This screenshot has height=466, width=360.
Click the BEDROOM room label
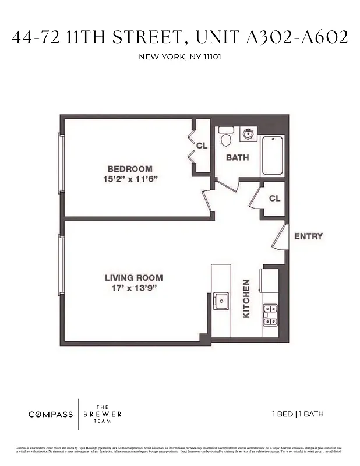coord(129,169)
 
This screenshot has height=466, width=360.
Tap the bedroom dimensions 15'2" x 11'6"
coord(129,179)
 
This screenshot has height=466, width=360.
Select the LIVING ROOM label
coord(133,278)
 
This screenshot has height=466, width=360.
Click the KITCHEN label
coord(246,298)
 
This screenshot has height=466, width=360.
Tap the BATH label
coord(237,157)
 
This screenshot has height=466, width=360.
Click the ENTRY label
coord(308,236)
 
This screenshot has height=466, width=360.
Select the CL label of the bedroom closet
coord(202,146)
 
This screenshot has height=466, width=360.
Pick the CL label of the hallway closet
coord(274,199)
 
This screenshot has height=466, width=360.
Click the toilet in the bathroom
coord(227,139)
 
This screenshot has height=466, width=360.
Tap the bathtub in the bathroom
coord(273,156)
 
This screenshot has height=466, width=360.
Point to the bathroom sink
coord(249,133)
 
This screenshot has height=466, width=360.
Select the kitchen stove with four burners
coord(270,315)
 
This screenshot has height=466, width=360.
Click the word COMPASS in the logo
coord(51,415)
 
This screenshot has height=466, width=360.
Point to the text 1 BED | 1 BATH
coord(298,415)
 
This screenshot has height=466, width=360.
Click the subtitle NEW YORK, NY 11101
coord(179,57)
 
